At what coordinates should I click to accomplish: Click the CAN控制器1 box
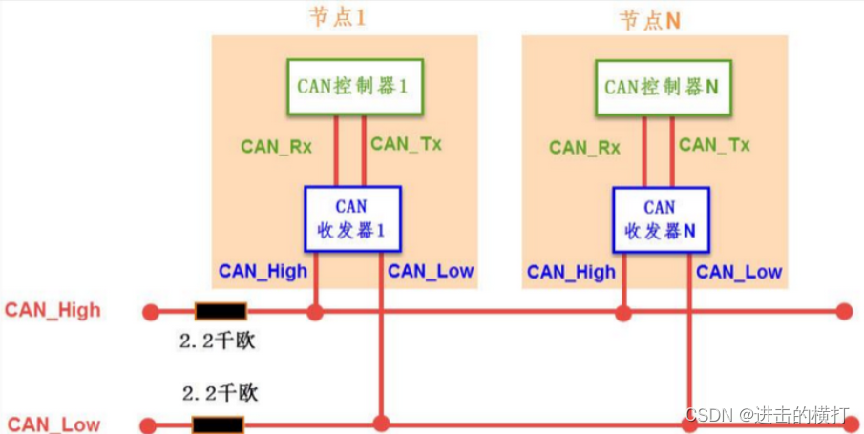(x=351, y=87)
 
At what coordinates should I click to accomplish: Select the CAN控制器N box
(x=661, y=87)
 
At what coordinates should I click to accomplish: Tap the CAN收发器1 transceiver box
(x=351, y=218)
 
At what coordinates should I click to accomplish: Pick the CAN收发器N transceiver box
(x=660, y=218)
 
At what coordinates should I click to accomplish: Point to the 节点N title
(x=649, y=20)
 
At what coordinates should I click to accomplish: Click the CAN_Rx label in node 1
(x=276, y=146)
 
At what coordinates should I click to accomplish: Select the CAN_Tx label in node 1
(x=406, y=144)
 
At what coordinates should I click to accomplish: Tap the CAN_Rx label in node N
(x=584, y=147)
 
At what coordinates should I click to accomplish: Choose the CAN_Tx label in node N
(x=714, y=145)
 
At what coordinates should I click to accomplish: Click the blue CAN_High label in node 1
(x=263, y=271)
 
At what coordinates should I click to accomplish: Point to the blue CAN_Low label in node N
(x=739, y=272)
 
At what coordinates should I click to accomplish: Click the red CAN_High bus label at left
(x=53, y=310)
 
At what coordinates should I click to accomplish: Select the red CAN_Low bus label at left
(x=54, y=424)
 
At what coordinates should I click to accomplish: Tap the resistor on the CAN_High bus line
(x=221, y=311)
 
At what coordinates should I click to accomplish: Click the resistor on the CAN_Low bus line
(x=218, y=424)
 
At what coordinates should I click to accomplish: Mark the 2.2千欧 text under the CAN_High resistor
(x=218, y=341)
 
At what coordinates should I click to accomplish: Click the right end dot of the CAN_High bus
(x=843, y=311)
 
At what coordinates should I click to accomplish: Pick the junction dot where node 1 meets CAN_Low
(x=381, y=423)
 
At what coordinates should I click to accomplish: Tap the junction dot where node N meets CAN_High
(x=623, y=311)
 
